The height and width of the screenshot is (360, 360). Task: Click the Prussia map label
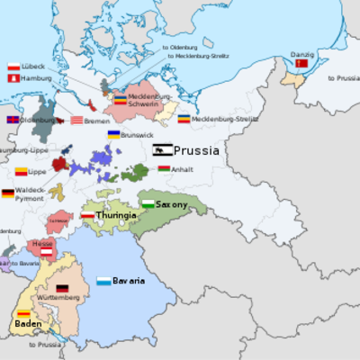[196, 151]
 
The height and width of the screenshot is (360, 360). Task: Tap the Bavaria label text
[129, 281]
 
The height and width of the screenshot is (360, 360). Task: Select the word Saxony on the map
[172, 205]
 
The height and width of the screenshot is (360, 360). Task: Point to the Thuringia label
[116, 216]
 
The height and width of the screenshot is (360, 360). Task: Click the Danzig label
[301, 54]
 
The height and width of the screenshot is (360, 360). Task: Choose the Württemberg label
[57, 298]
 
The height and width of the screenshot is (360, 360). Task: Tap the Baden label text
[28, 323]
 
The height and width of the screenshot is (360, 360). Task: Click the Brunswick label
[137, 135]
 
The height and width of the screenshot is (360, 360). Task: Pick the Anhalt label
[183, 167]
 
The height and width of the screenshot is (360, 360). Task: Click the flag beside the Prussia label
[162, 150]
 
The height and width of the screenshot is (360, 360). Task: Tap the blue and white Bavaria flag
[104, 281]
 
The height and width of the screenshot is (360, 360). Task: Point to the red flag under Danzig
[301, 64]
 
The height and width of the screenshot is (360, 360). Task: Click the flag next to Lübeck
[13, 67]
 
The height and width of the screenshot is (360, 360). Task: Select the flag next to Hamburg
[13, 78]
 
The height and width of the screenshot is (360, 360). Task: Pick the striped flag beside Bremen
[77, 120]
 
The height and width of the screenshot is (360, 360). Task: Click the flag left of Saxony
[148, 204]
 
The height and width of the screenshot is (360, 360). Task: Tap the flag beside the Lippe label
[21, 171]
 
